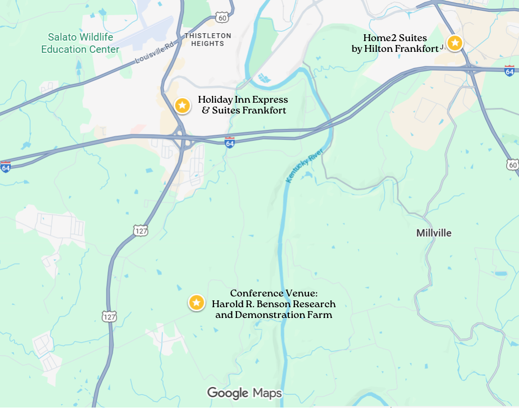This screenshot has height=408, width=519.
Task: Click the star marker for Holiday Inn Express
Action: tap(182, 105)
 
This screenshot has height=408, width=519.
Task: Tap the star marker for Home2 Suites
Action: tap(455, 43)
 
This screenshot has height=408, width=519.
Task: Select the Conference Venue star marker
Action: tap(196, 303)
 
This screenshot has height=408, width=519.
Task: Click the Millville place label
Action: tap(434, 233)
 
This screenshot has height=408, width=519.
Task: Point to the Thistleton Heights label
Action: tap(208, 40)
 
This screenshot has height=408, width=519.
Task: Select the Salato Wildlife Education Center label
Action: tap(80, 43)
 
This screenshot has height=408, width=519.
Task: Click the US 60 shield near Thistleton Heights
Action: tap(223, 17)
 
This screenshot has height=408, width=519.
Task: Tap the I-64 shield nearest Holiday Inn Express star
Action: tap(230, 142)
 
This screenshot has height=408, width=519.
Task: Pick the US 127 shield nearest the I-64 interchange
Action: tap(140, 229)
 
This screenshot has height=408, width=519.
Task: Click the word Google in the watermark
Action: tap(228, 393)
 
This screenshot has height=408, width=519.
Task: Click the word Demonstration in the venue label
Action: tap(283, 315)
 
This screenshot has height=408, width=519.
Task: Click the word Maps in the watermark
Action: tap(267, 393)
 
